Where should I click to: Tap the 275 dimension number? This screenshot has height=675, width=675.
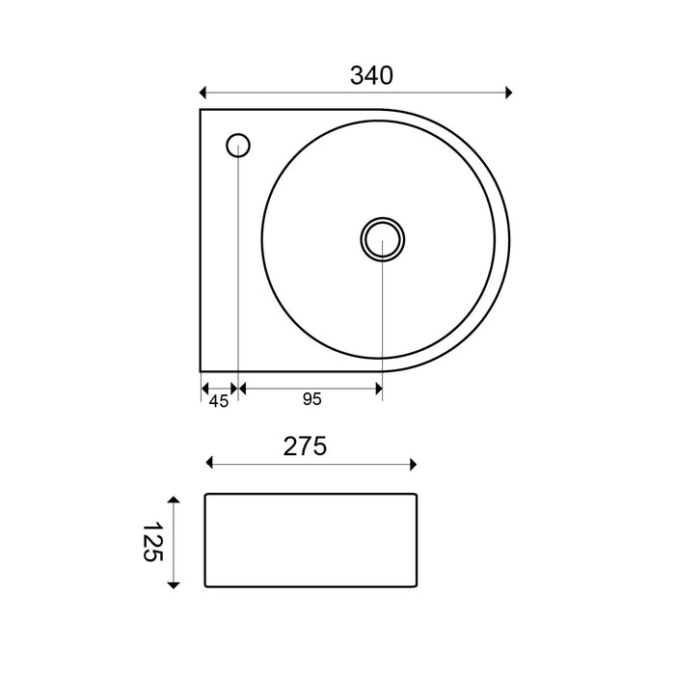(x=306, y=446)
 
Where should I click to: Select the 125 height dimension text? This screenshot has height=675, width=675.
(x=152, y=542)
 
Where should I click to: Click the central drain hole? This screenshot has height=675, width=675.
(x=382, y=237)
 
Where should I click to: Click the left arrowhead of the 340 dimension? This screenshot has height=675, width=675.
(x=202, y=93)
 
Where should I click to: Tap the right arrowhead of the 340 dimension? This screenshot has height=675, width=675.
(x=508, y=93)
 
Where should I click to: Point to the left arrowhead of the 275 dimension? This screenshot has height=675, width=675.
(x=211, y=466)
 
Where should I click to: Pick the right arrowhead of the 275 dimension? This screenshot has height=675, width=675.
(x=413, y=466)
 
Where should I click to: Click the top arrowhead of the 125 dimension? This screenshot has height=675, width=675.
(x=174, y=500)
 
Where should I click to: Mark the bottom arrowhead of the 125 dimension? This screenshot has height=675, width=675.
(x=174, y=582)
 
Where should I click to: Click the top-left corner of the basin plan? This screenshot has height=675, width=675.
(x=201, y=110)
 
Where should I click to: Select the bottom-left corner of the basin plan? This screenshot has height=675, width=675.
(x=201, y=372)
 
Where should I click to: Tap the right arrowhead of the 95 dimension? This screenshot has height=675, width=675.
(x=378, y=388)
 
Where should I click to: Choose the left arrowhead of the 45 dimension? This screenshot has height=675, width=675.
(x=204, y=388)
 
